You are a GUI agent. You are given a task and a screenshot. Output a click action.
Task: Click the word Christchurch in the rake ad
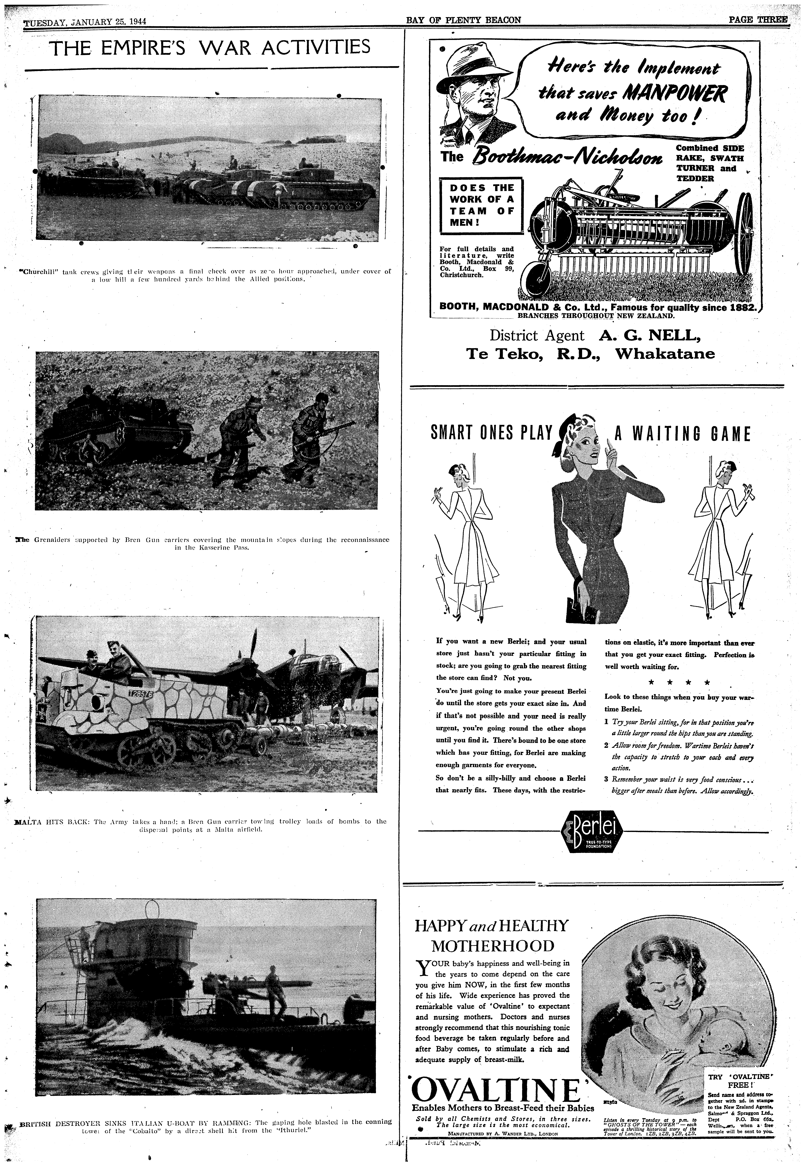tap(462, 275)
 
